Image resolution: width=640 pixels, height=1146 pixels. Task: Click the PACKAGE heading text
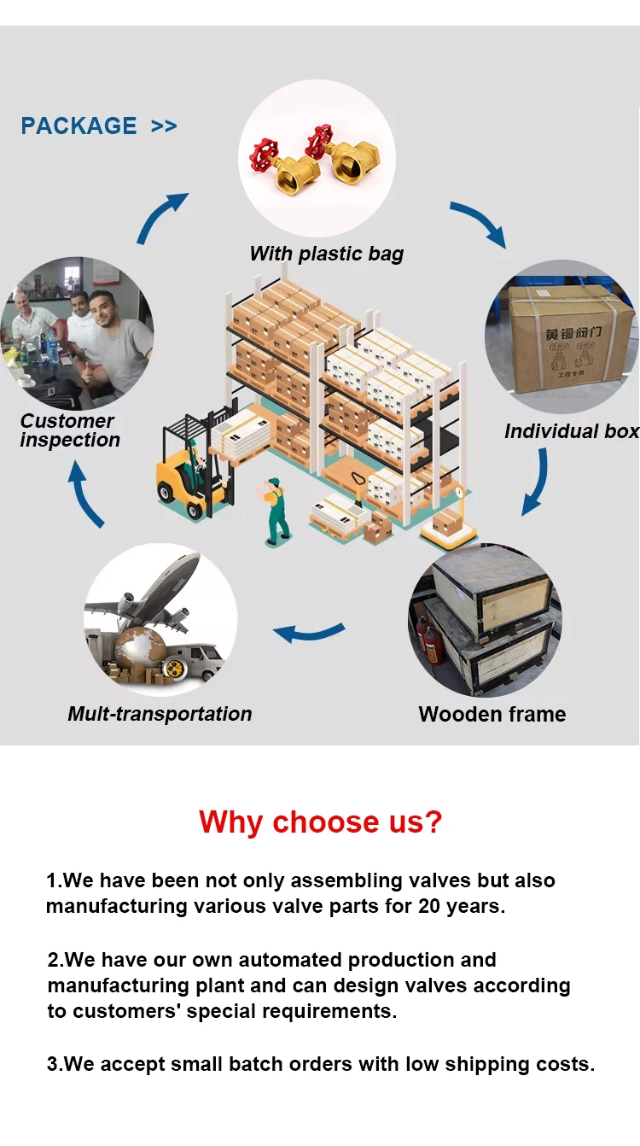79,126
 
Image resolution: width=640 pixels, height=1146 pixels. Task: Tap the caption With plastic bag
326,254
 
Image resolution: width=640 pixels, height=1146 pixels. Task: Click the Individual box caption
571,431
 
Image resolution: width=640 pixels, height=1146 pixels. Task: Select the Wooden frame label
492,714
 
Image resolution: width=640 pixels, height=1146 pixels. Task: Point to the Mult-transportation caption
160,714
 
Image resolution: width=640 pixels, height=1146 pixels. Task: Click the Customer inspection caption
68,430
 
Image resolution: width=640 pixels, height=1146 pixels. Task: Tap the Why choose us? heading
321,821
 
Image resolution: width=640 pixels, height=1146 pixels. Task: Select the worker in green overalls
274,511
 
